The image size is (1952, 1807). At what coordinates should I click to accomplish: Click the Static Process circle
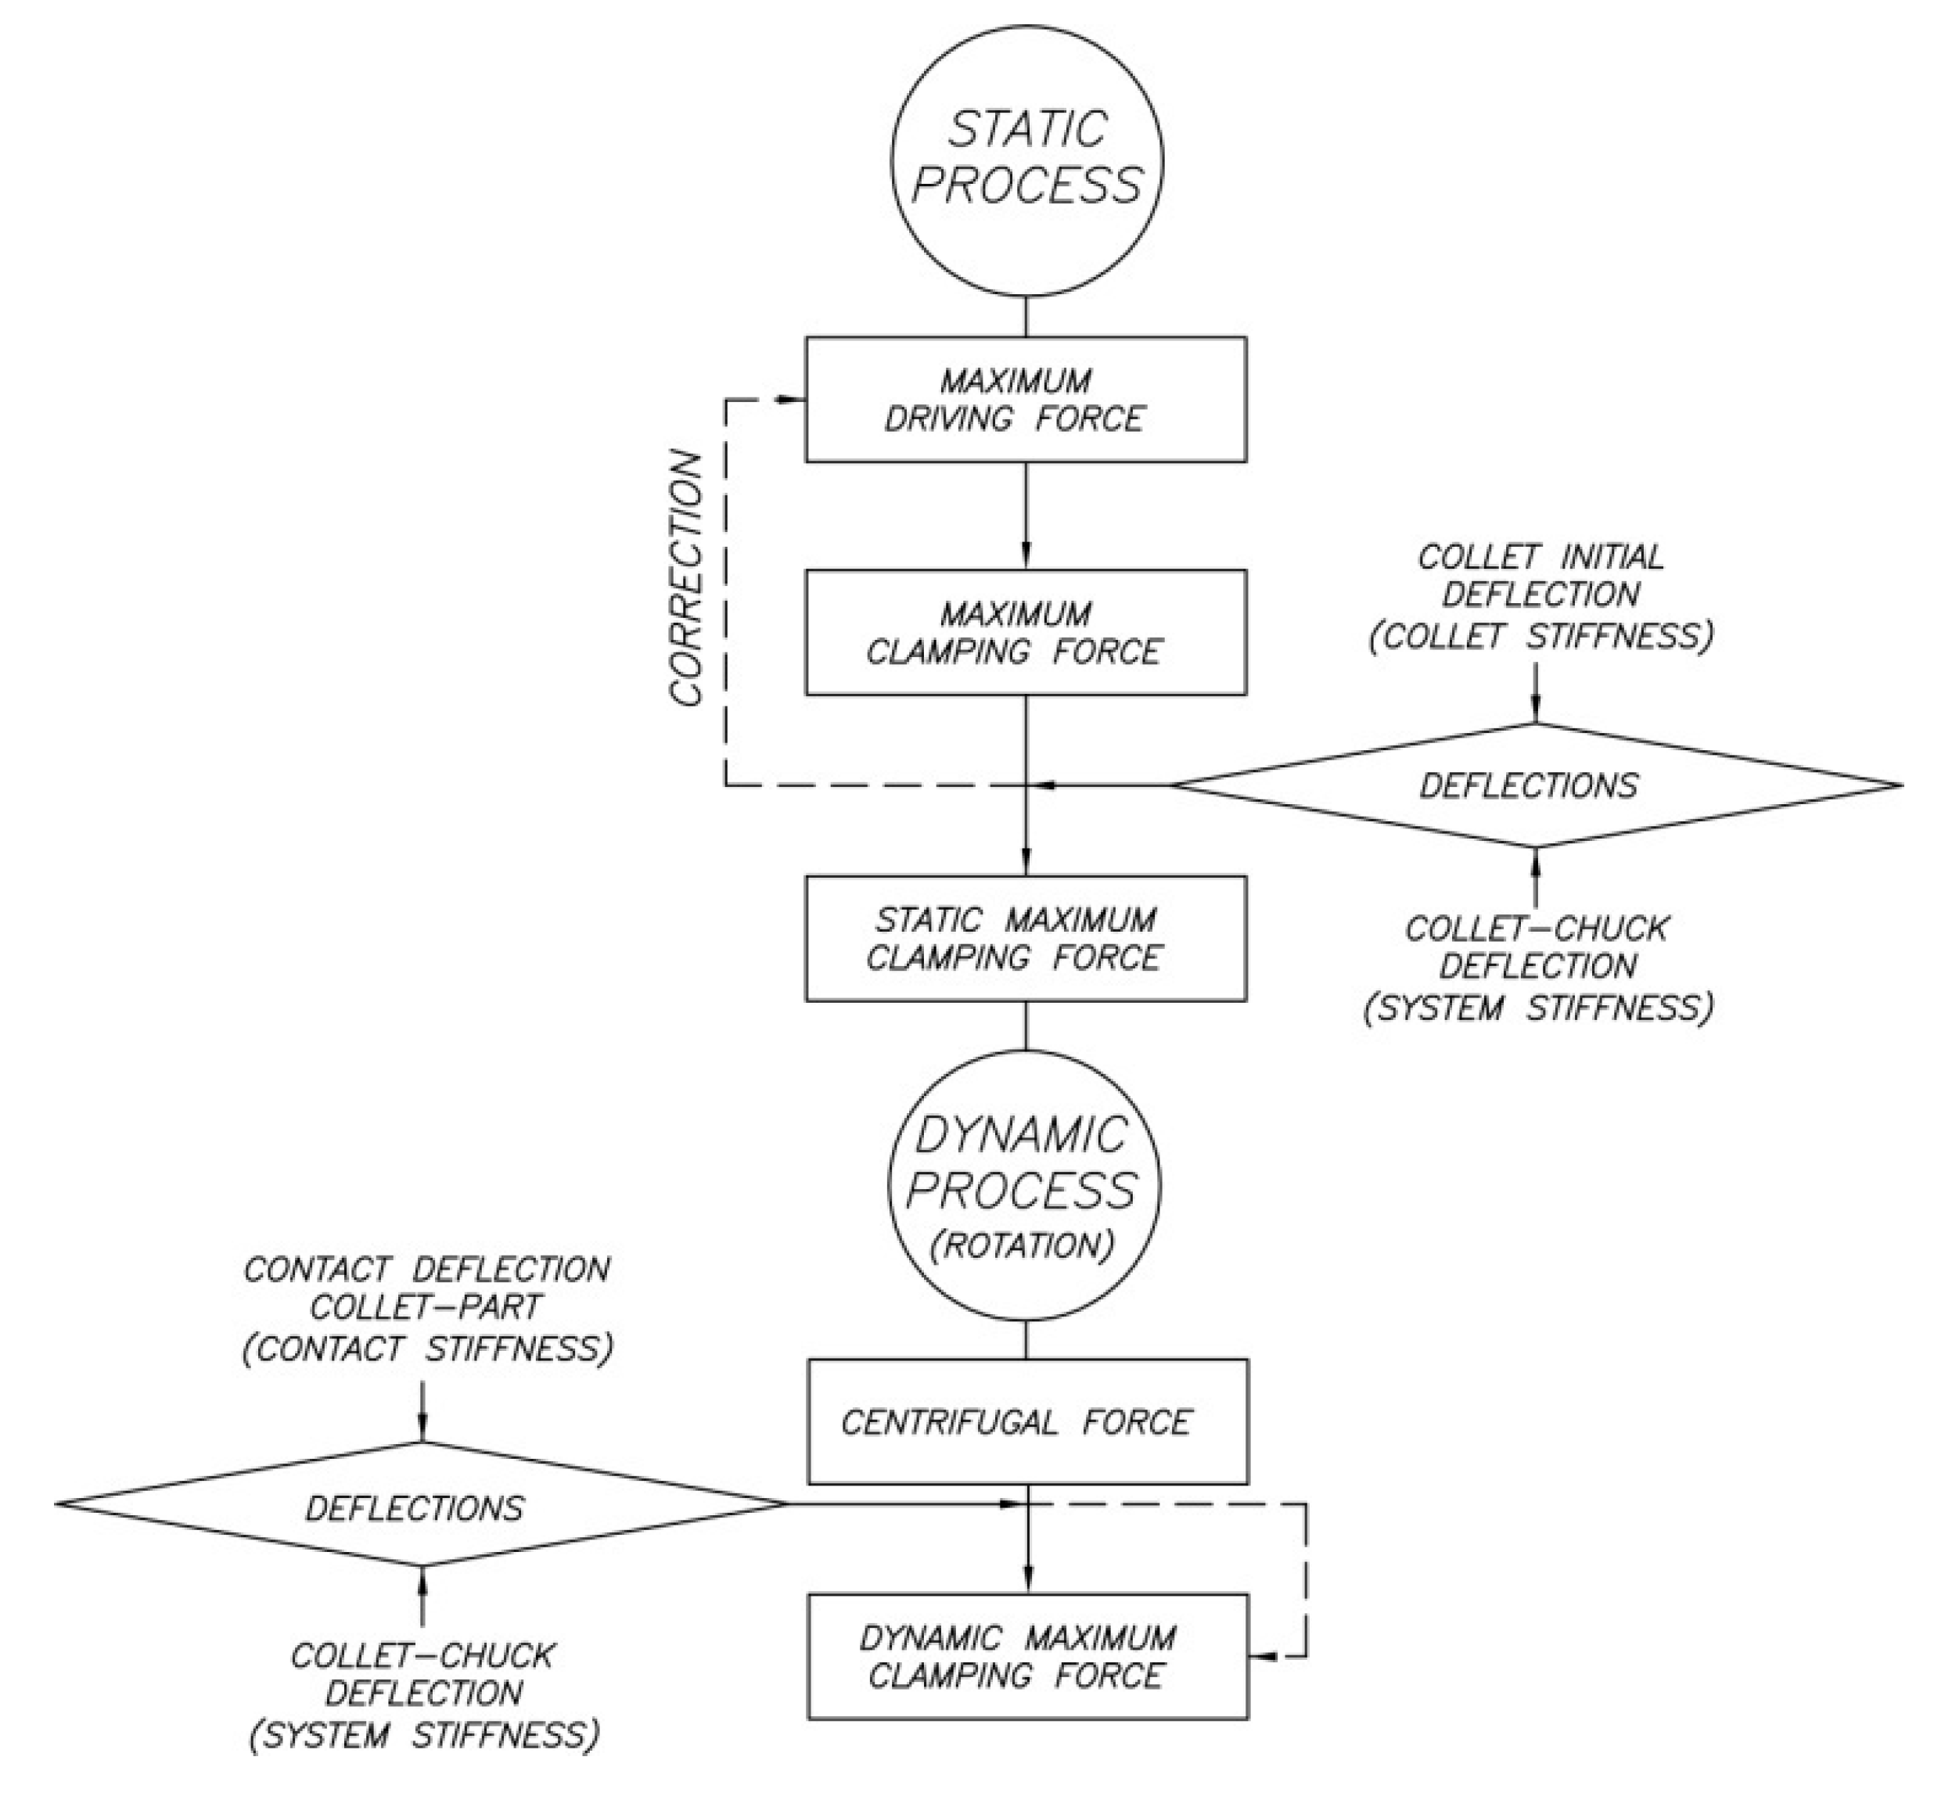coord(1026,160)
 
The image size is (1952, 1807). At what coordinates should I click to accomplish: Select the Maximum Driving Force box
coord(1025,399)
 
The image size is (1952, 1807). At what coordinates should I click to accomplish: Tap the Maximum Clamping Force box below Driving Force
coord(1025,633)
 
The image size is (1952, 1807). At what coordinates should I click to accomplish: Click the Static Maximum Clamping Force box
coord(1025,938)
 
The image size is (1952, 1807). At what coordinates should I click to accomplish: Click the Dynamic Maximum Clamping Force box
coord(1026,1657)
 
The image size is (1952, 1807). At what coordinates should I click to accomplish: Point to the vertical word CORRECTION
coord(687,577)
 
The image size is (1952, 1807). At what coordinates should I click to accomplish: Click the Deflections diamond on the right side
coord(1535,785)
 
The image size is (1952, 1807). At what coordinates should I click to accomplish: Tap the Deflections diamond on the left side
coord(421,1507)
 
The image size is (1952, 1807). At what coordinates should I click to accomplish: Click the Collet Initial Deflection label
coord(1541,596)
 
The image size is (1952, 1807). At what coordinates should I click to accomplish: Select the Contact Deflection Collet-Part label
coord(426,1309)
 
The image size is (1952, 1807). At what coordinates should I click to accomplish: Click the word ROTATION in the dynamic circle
coord(1024,1245)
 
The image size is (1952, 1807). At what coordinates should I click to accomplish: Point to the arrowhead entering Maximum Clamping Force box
coord(1026,559)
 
